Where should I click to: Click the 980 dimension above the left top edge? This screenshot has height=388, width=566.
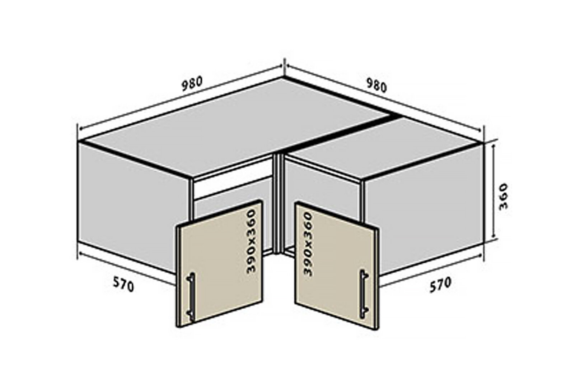pyautogui.click(x=192, y=83)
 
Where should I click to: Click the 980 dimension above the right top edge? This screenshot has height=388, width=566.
pyautogui.click(x=376, y=86)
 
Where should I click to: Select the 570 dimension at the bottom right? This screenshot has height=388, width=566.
pyautogui.click(x=440, y=285)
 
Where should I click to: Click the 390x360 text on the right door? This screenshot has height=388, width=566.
pyautogui.click(x=308, y=244)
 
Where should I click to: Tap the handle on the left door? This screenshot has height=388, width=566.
pyautogui.click(x=191, y=297)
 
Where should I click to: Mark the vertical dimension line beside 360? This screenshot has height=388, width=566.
pyautogui.click(x=494, y=192)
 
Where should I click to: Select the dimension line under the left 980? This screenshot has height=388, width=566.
pyautogui.click(x=181, y=98)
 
